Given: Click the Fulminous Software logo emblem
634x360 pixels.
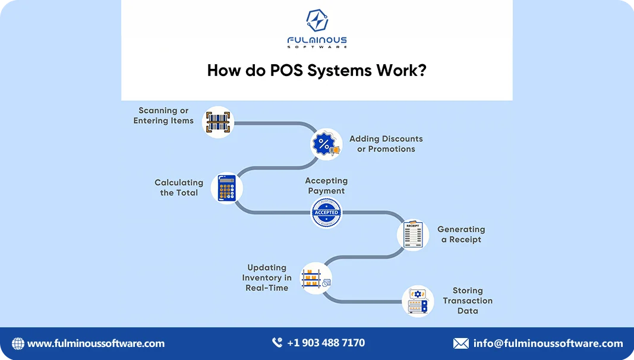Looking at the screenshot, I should [x=317, y=21].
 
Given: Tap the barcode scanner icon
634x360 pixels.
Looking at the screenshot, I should [x=218, y=122].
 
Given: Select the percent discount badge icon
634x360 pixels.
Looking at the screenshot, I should [x=326, y=144].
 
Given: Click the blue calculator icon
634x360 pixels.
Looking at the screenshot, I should [x=226, y=188].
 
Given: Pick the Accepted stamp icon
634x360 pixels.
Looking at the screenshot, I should [x=326, y=212].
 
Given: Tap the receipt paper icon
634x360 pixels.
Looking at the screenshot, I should [x=412, y=234].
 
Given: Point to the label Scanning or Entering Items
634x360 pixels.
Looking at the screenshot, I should [x=163, y=115].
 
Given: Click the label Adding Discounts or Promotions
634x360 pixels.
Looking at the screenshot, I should [x=386, y=144].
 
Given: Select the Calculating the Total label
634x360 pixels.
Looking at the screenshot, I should [x=179, y=188].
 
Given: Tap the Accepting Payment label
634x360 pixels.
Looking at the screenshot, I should [x=326, y=185].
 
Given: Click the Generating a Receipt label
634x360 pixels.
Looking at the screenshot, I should [x=461, y=234].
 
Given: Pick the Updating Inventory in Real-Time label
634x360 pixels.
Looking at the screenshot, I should [x=267, y=277].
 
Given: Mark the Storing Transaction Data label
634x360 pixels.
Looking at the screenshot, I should [x=468, y=301].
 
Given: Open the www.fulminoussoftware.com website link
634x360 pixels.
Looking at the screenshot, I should [x=96, y=343].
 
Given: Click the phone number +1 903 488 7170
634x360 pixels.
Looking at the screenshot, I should [x=326, y=343].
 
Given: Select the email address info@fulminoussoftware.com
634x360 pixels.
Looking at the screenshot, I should [x=548, y=343].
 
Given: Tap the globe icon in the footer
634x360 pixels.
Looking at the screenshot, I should [x=18, y=343].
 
